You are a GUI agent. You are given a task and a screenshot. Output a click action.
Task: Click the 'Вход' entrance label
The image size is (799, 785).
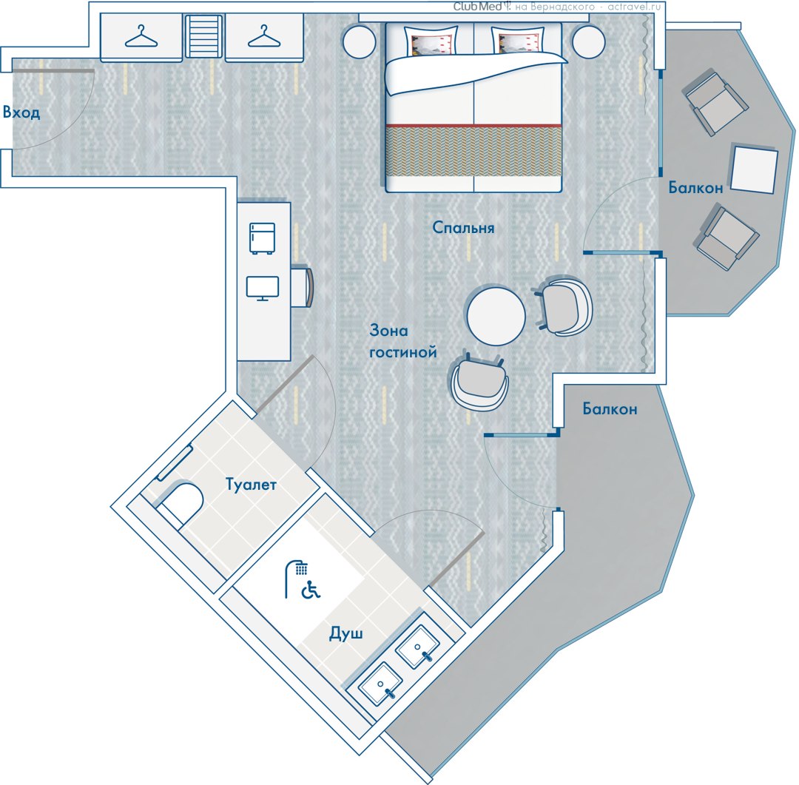pyautogui.click(x=21, y=112)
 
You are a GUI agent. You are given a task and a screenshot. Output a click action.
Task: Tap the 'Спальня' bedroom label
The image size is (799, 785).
pyautogui.click(x=463, y=227)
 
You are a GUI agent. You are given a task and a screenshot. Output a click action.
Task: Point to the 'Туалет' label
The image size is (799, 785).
pyautogui.click(x=251, y=484)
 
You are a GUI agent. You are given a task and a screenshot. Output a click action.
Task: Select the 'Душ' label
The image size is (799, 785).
pyautogui.click(x=346, y=633)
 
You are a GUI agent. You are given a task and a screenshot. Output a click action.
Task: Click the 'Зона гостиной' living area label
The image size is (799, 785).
pyautogui.click(x=403, y=341)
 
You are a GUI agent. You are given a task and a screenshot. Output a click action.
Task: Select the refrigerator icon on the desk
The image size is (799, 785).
pyautogui.click(x=263, y=238)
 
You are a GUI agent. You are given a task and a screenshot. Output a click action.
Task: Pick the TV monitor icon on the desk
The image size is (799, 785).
pyautogui.click(x=263, y=289)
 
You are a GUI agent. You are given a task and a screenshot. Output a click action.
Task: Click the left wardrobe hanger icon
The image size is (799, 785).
pyautogui.click(x=141, y=37)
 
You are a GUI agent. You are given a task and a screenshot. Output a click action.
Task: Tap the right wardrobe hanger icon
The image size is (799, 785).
pyautogui.click(x=264, y=37)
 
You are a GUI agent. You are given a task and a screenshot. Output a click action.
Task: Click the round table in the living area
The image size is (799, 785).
pyautogui.click(x=496, y=316)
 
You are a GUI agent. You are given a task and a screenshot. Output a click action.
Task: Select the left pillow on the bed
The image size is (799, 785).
pyautogui.click(x=431, y=40)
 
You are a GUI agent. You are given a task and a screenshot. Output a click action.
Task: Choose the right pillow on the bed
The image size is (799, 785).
pyautogui.click(x=518, y=40)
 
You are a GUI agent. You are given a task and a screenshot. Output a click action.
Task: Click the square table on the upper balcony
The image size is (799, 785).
pyautogui.click(x=754, y=169)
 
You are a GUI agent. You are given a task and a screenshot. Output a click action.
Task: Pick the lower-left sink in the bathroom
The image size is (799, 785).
pyautogui.click(x=381, y=684)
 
